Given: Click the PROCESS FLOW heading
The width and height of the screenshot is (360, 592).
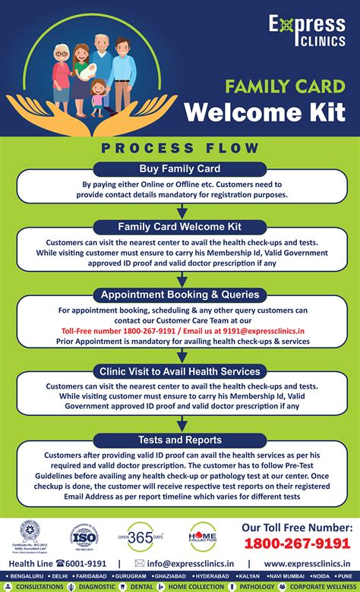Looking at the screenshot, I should click(x=180, y=147).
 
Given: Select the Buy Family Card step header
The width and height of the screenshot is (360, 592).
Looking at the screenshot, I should click(x=180, y=168).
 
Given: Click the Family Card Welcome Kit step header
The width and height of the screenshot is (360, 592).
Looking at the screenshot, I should click(x=180, y=226).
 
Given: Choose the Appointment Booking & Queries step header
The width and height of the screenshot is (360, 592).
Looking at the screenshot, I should click(x=180, y=294).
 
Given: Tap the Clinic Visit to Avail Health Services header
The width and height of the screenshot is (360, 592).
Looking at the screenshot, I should click(x=180, y=371).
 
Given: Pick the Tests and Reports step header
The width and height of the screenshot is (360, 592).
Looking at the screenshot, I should click(x=180, y=439).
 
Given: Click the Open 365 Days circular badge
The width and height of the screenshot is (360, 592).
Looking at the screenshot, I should click(x=141, y=536).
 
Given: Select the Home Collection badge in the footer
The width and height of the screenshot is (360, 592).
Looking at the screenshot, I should click(x=203, y=536).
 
